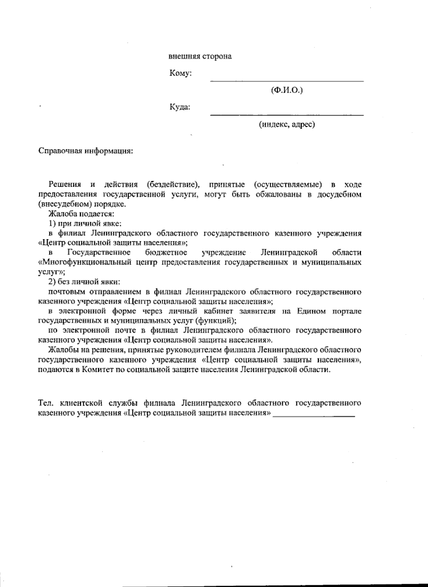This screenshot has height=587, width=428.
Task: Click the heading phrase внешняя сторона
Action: point(200,56)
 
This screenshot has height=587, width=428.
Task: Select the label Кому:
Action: point(181,73)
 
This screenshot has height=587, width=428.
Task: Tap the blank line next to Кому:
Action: point(287,80)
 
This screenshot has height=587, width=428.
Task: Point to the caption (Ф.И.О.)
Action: point(287,91)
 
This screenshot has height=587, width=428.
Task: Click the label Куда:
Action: point(180,107)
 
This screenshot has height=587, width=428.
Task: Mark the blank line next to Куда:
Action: point(287,114)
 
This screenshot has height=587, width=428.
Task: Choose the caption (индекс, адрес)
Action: point(287,124)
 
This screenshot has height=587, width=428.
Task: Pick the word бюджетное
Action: point(166,253)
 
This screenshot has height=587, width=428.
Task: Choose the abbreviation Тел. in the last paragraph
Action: point(46,403)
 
